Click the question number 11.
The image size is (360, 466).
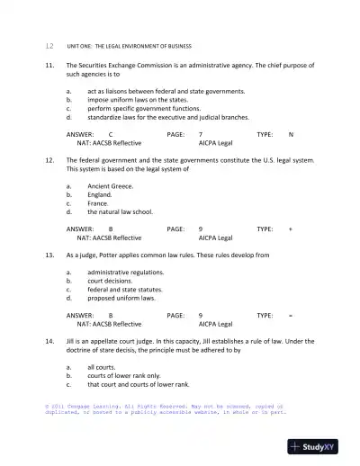point(49,66)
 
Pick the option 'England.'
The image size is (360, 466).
point(100,194)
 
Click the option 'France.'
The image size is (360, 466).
point(98,203)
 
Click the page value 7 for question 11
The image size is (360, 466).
point(200,134)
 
